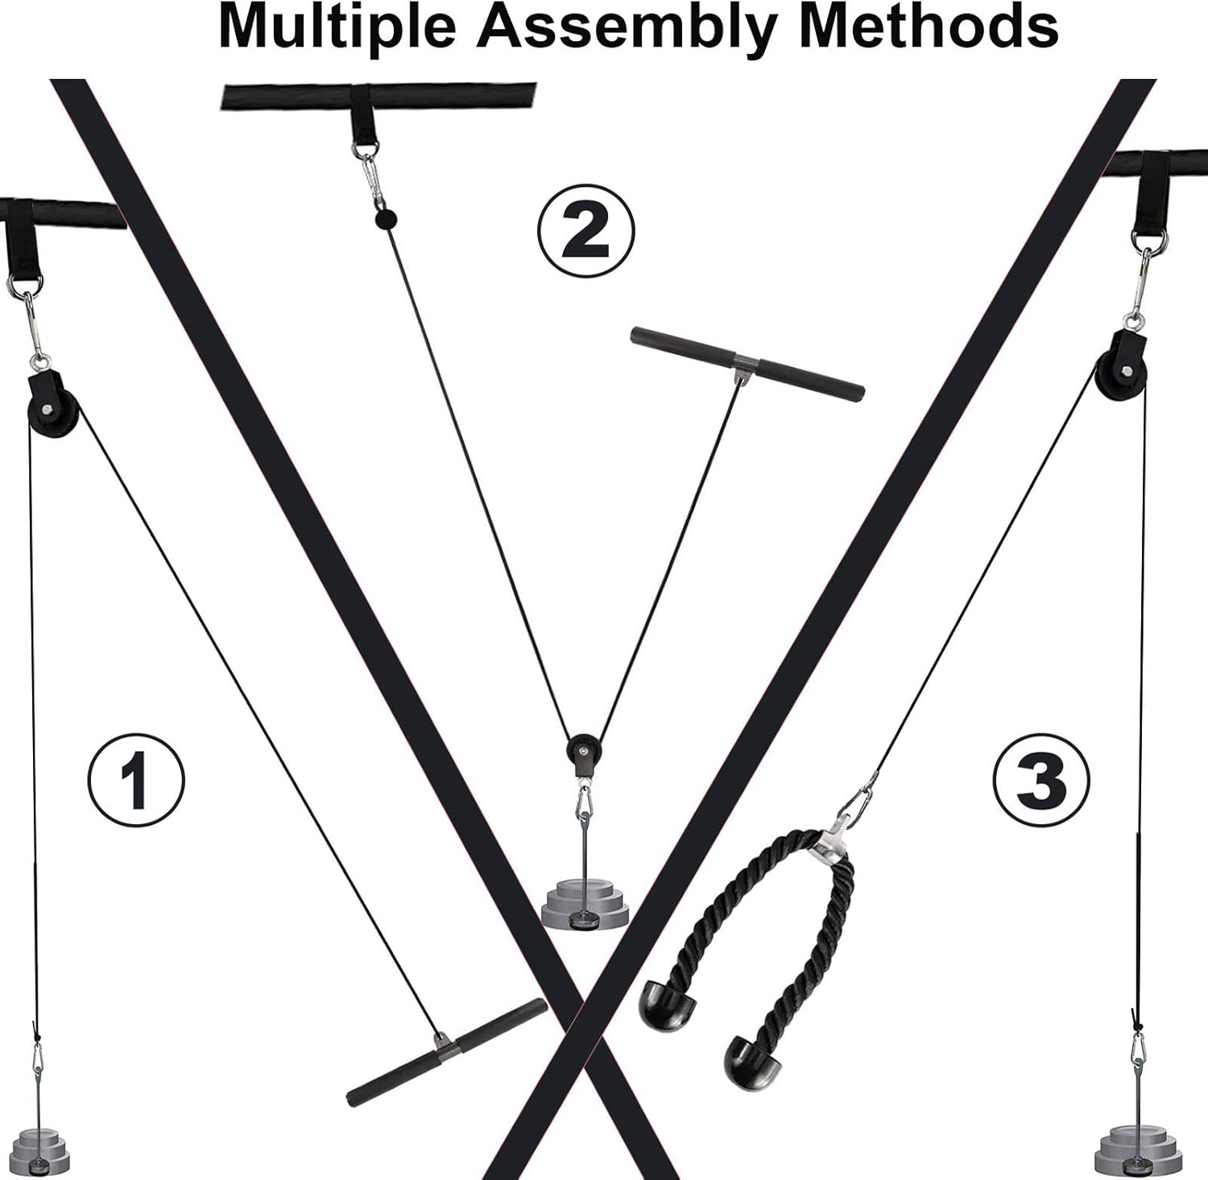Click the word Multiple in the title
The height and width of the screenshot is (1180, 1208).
coord(338,29)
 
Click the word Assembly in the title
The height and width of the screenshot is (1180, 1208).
coord(627,29)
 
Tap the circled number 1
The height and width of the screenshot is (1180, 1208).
coord(135,779)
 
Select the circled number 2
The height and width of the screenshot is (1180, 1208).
coord(585,230)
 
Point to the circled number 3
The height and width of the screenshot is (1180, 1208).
coord(1040,779)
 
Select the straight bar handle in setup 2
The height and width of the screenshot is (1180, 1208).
coord(747,364)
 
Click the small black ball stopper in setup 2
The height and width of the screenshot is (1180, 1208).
coord(386,219)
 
